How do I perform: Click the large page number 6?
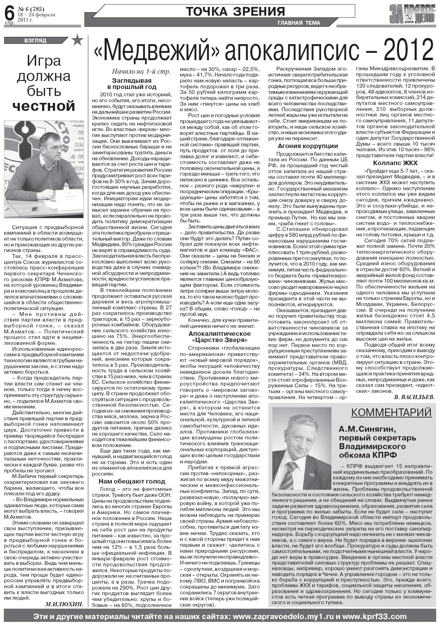point(10,13)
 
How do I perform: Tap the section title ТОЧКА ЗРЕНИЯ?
point(235,11)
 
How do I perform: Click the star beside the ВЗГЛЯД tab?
point(77,40)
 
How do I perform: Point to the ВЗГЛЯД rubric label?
point(35,41)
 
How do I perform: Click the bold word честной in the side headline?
point(44,106)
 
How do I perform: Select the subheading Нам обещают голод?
point(132,481)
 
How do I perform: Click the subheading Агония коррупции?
point(308,146)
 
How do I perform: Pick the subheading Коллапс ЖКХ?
point(395,163)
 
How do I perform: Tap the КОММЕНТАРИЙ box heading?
point(391,412)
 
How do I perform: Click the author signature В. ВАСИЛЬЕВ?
point(414,397)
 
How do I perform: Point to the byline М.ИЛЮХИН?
point(64,604)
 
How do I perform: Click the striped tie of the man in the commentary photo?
point(288,474)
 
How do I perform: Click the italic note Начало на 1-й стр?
point(141,72)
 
